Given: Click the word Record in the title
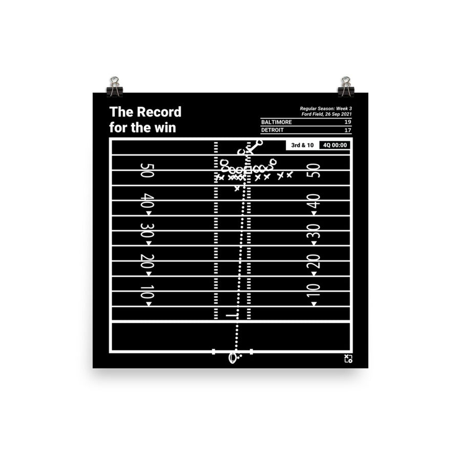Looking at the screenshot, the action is pyautogui.click(x=159, y=112).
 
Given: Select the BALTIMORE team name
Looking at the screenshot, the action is pyautogui.click(x=277, y=122).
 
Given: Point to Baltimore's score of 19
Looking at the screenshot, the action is pyautogui.click(x=348, y=122).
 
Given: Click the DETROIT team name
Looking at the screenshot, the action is pyautogui.click(x=273, y=130).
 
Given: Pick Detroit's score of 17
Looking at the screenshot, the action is pyautogui.click(x=348, y=130).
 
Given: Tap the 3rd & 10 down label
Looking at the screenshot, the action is pyautogui.click(x=302, y=145).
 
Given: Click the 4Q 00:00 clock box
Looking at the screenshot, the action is pyautogui.click(x=335, y=145).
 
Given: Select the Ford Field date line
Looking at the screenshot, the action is pyautogui.click(x=326, y=114).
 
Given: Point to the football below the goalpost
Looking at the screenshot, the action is pyautogui.click(x=233, y=358).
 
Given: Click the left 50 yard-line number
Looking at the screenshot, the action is pyautogui.click(x=146, y=171).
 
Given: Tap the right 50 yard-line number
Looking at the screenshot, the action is pyautogui.click(x=313, y=171).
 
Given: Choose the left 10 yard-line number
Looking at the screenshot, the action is pyautogui.click(x=146, y=291).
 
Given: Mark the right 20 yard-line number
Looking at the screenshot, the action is pyautogui.click(x=313, y=261).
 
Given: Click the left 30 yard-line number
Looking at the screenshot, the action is pyautogui.click(x=146, y=231).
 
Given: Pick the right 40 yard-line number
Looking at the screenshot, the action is pyautogui.click(x=313, y=201).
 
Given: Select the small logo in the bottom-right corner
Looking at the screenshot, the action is pyautogui.click(x=348, y=359).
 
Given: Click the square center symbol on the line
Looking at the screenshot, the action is pyautogui.click(x=247, y=170).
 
